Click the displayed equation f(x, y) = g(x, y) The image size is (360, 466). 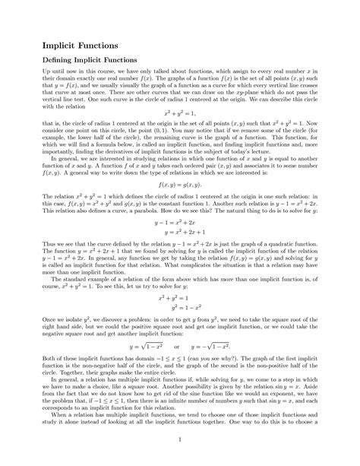[x=179, y=184]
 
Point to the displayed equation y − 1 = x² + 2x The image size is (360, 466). [x=179, y=223]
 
